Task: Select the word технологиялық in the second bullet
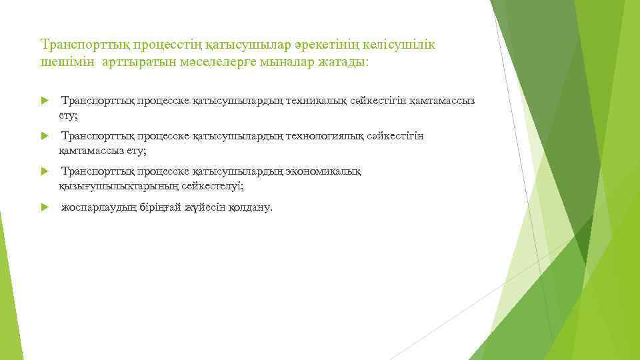324,136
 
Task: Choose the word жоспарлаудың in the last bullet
99,207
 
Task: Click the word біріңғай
160,207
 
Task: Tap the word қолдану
251,207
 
